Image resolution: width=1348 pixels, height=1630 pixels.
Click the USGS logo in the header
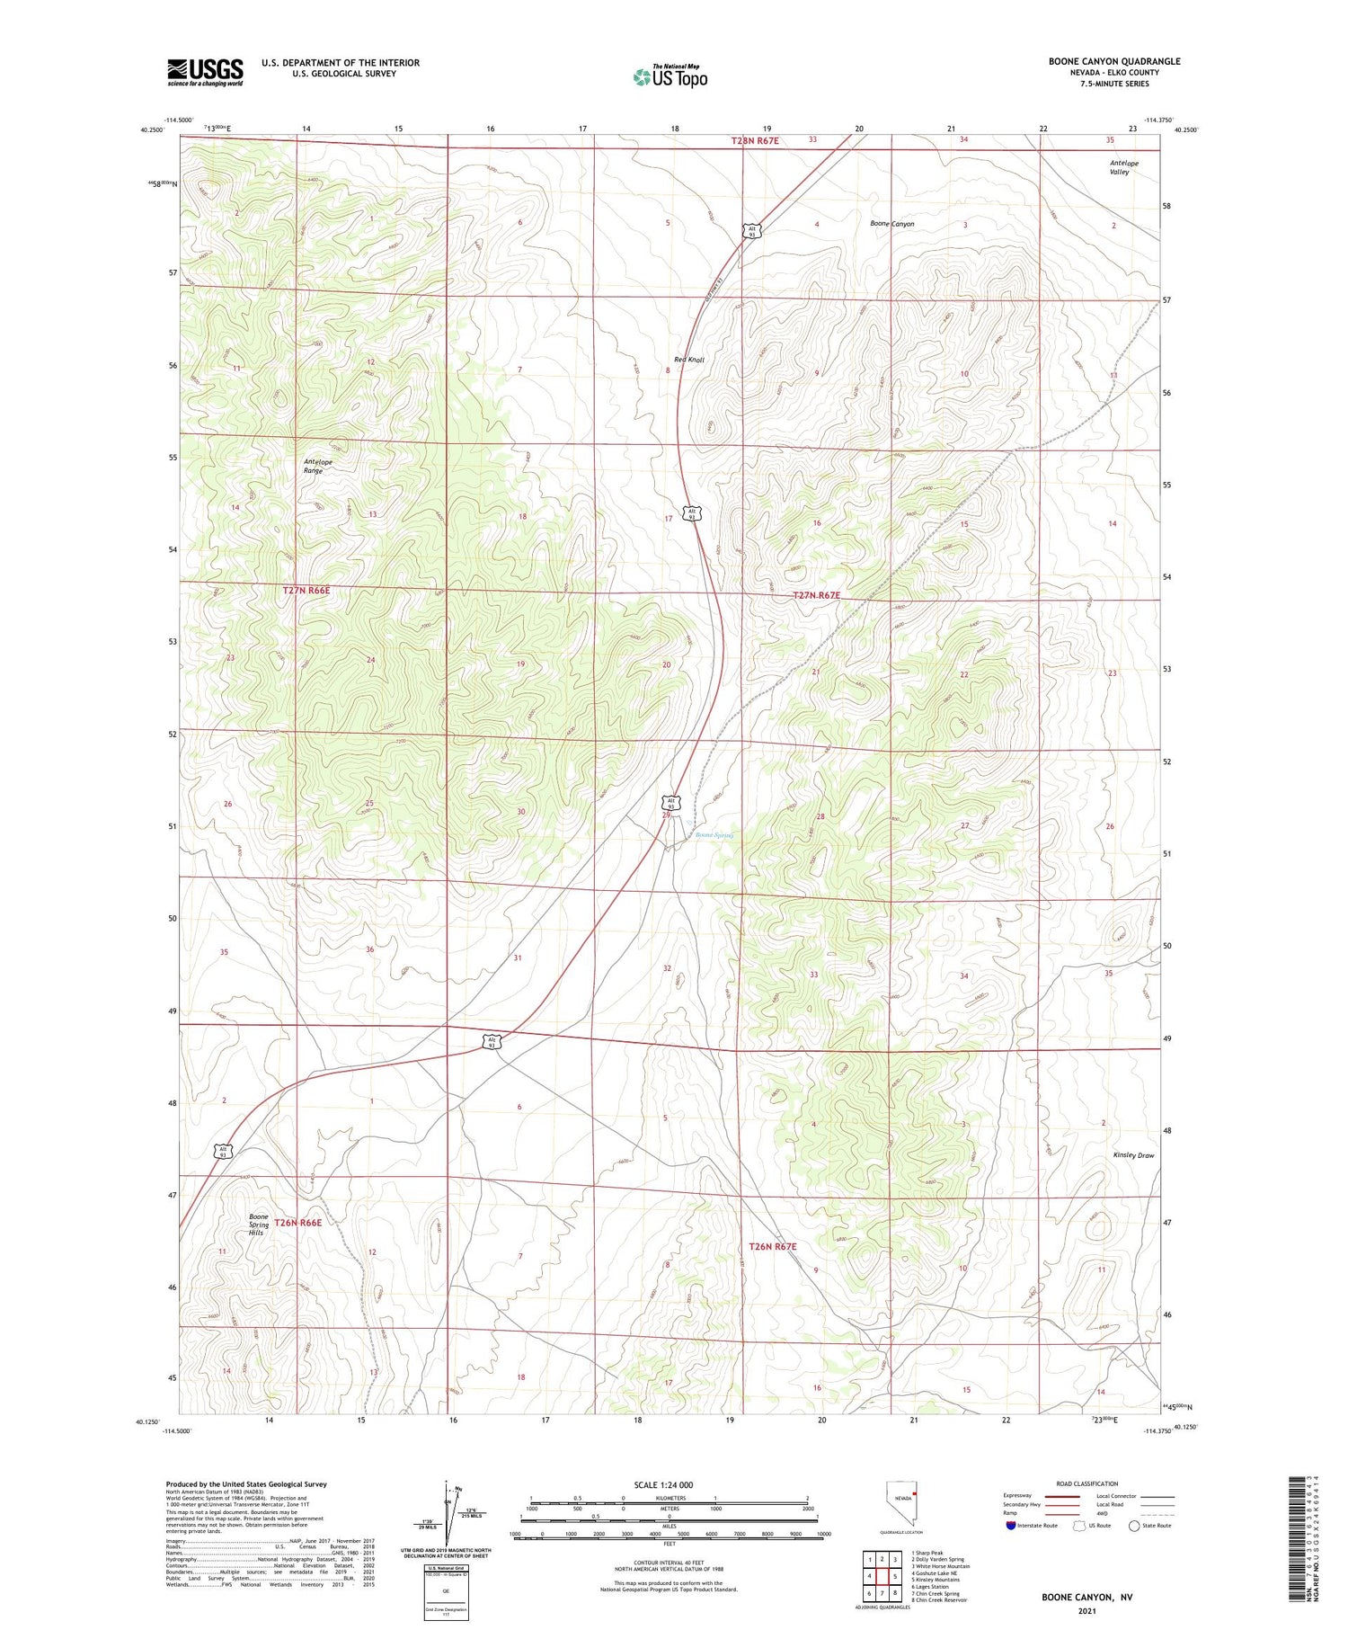pyautogui.click(x=205, y=72)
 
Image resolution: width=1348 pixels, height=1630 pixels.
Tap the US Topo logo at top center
pyautogui.click(x=670, y=77)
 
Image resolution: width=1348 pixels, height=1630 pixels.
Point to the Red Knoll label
pyautogui.click(x=689, y=360)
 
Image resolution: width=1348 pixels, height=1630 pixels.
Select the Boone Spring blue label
pyautogui.click(x=714, y=834)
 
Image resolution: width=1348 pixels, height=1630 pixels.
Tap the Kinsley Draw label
pyautogui.click(x=1132, y=1155)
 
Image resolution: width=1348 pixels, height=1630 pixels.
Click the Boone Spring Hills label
pyautogui.click(x=258, y=1225)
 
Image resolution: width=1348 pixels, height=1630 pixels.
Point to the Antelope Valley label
pyautogui.click(x=1123, y=167)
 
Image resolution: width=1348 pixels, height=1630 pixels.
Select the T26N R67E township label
pyautogui.click(x=773, y=1246)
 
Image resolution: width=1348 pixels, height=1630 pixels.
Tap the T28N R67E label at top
pyautogui.click(x=755, y=140)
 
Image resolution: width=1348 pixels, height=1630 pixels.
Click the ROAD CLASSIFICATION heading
pyautogui.click(x=1086, y=1483)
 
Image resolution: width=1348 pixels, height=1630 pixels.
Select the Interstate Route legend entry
pyautogui.click(x=1033, y=1526)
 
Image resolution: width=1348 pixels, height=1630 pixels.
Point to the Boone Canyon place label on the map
pyautogui.click(x=891, y=224)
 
